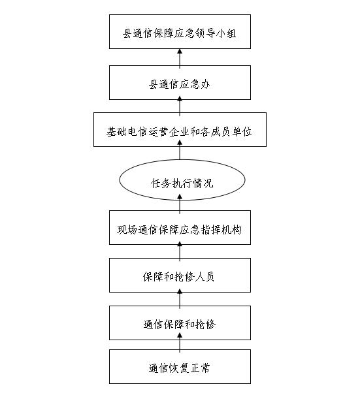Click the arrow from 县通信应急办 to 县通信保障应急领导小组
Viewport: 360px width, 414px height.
tap(180, 57)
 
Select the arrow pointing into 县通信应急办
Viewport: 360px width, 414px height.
tap(180, 106)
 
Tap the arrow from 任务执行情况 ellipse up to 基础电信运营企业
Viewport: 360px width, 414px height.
tap(180, 150)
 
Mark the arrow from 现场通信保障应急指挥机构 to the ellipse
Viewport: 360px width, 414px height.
tap(180, 204)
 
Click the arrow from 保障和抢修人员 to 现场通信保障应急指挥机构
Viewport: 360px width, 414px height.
tap(180, 251)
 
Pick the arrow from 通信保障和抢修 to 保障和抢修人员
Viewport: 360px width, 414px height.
tap(180, 299)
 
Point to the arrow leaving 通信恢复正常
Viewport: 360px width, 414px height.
tap(180, 342)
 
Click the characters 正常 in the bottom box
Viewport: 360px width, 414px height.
tap(201, 368)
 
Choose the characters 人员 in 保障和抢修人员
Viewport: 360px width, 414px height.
tap(205, 277)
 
